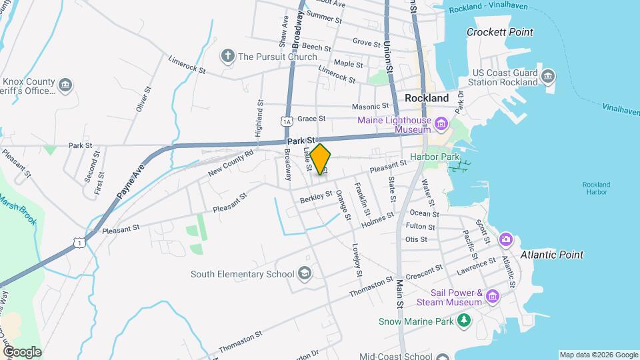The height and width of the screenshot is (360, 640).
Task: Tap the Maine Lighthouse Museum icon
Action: (441, 123)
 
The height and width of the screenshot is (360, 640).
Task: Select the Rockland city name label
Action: (427, 98)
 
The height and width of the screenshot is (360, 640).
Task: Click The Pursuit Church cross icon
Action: (227, 56)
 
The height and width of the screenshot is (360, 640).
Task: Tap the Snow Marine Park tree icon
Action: (463, 321)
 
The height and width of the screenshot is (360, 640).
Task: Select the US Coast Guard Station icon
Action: (548, 75)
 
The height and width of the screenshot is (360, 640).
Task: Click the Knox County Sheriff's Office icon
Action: (65, 85)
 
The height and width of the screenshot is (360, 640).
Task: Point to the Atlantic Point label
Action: (552, 255)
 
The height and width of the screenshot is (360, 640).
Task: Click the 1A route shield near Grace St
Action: (286, 121)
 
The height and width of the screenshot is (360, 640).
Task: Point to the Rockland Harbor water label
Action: (595, 188)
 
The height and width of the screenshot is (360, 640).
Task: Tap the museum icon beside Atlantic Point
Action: (506, 239)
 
